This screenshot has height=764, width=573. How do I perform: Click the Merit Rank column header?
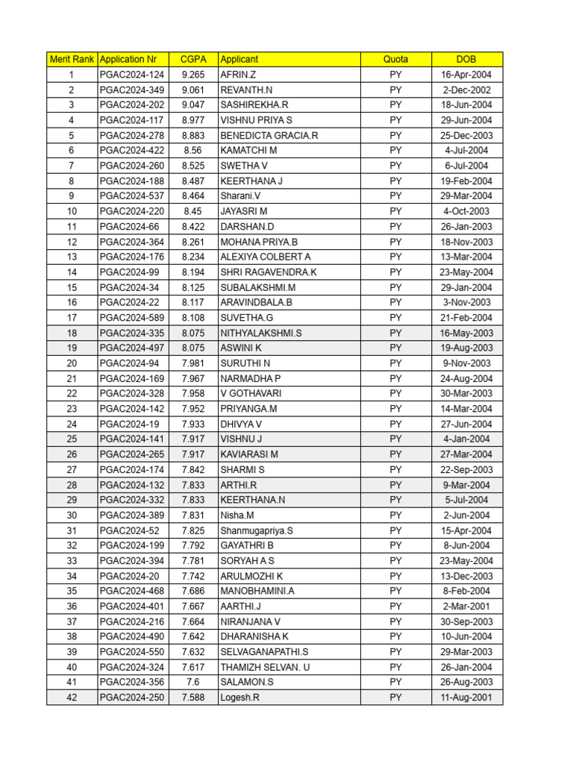[x=72, y=59]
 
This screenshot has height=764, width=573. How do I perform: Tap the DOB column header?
[x=466, y=59]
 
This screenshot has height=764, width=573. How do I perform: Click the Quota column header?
[x=395, y=59]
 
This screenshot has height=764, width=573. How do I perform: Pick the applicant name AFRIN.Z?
[x=238, y=75]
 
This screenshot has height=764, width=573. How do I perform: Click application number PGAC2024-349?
[x=131, y=90]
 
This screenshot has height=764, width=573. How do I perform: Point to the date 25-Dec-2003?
[x=466, y=136]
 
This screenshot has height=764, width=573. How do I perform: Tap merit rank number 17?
[x=72, y=318]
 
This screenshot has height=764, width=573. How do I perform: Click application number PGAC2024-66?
[x=129, y=226]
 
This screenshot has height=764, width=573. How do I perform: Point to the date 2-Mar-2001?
[x=466, y=607]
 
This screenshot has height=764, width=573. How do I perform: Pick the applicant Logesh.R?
[x=240, y=698]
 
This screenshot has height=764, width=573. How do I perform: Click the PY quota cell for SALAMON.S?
[x=395, y=682]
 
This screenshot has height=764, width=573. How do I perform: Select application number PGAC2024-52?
[x=129, y=530]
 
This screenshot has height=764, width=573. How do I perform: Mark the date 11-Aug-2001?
[x=466, y=698]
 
